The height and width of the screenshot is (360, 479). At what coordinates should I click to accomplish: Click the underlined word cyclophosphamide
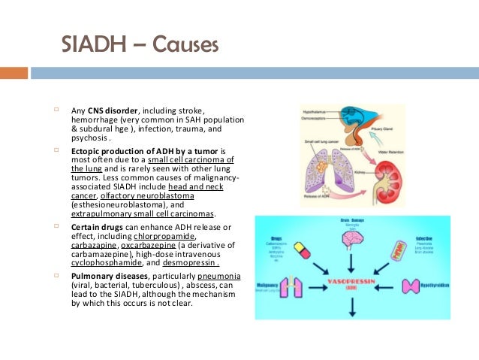(103, 263)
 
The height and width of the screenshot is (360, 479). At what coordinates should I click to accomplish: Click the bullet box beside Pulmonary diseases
(56, 276)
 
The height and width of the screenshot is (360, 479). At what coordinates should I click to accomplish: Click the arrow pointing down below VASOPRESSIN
(352, 306)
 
